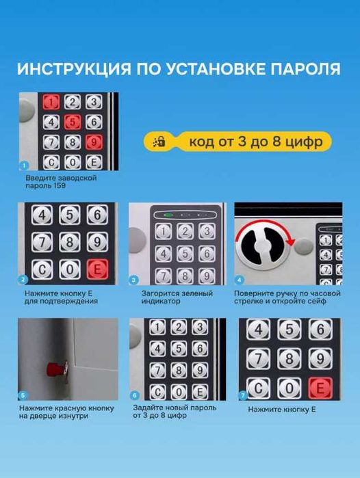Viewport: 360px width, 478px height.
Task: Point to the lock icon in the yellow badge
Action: click(x=160, y=142)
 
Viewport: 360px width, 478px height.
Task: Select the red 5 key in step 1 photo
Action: click(x=72, y=122)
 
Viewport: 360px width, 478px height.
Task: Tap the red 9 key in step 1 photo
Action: click(x=94, y=142)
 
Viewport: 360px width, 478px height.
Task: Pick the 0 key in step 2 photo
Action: click(x=69, y=269)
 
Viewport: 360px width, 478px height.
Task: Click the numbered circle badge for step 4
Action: click(x=239, y=280)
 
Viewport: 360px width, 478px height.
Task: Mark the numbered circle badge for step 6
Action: click(x=134, y=395)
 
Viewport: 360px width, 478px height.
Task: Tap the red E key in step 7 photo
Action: click(x=319, y=388)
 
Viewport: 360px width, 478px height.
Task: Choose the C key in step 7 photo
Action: click(x=258, y=388)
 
